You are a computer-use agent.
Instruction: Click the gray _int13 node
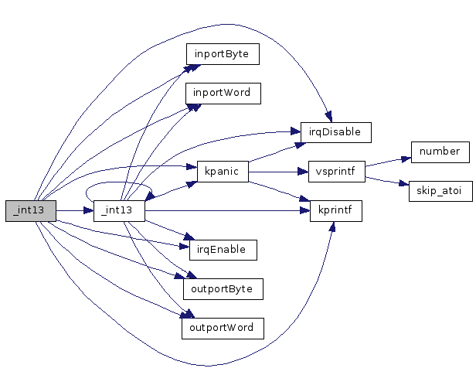[31, 210]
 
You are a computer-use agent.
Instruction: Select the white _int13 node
[119, 210]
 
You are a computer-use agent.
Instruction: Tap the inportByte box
[222, 54]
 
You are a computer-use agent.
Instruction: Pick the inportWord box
[222, 93]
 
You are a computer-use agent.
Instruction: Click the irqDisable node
[336, 132]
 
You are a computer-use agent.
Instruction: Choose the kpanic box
[223, 171]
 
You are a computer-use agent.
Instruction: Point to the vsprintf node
[336, 171]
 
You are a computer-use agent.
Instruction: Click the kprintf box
[336, 210]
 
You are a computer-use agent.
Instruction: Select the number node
[440, 152]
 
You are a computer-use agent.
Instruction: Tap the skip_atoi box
[440, 191]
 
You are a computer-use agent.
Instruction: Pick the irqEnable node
[223, 249]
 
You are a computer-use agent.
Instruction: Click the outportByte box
[223, 288]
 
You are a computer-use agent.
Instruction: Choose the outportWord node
[223, 328]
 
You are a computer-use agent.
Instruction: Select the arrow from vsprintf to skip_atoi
[386, 182]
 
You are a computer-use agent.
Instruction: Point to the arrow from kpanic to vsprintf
[278, 171]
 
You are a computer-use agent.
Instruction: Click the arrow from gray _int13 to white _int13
[74, 210]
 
